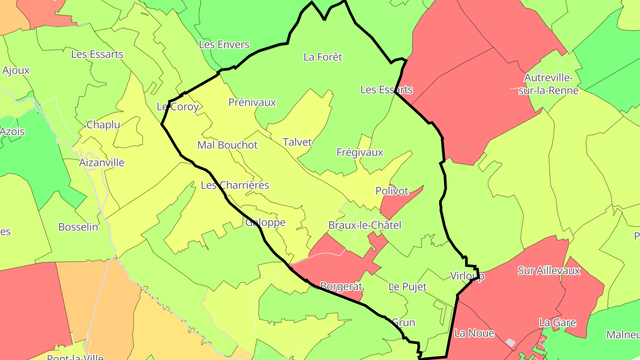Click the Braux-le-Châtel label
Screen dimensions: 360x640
(x=364, y=225)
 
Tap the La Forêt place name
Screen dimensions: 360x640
(x=323, y=57)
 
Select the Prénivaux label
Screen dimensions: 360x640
(x=252, y=102)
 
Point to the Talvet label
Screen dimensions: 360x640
(x=297, y=142)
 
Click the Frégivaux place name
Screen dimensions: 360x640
(x=360, y=152)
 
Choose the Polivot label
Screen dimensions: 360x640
(x=392, y=191)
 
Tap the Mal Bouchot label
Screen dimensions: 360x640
(x=228, y=145)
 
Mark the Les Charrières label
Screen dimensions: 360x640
(x=235, y=185)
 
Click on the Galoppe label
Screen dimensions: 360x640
(x=265, y=222)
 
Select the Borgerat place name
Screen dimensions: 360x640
(x=341, y=286)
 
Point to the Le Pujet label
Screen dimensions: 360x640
(x=407, y=287)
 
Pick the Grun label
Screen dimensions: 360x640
(x=403, y=323)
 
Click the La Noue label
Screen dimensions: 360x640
(x=474, y=333)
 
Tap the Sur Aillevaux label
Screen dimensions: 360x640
(x=549, y=270)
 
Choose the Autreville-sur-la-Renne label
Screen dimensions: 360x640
(x=549, y=84)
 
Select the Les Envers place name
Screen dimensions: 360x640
(x=224, y=44)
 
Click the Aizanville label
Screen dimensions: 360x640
(x=102, y=163)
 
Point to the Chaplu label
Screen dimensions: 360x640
(x=103, y=125)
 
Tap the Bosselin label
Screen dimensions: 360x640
(x=78, y=227)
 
